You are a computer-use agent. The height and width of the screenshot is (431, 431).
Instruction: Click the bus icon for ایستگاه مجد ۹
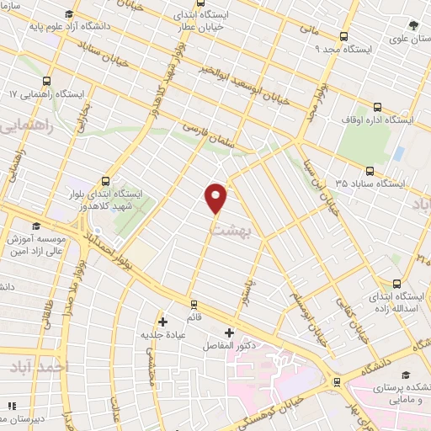point(343,36)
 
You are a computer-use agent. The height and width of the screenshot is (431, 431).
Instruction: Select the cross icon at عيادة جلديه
point(163,322)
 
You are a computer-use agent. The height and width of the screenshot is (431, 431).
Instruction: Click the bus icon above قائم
point(194,304)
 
